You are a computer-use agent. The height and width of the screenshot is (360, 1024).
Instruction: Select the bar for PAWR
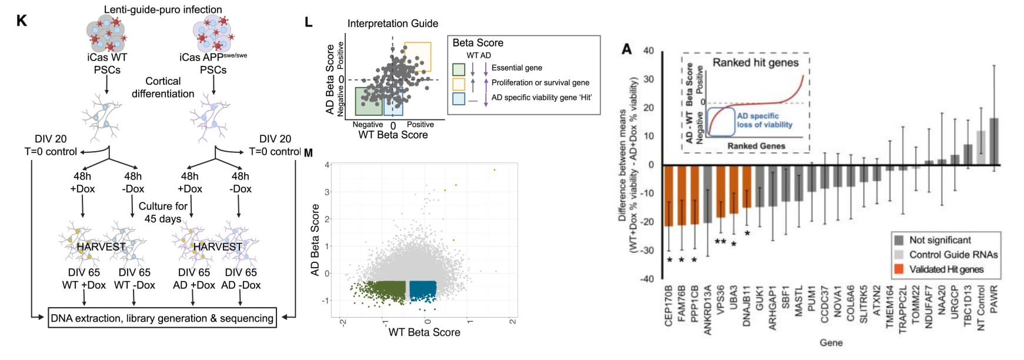pyautogui.click(x=994, y=141)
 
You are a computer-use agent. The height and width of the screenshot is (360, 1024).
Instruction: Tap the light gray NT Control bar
pyautogui.click(x=981, y=148)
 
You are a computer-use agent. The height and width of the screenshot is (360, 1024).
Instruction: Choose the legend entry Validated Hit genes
pyautogui.click(x=946, y=269)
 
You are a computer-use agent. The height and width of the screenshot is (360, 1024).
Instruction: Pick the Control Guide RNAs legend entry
pyautogui.click(x=953, y=255)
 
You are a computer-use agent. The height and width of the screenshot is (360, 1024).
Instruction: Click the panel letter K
pyautogui.click(x=22, y=21)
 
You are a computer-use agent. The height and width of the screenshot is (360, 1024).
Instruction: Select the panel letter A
pyautogui.click(x=627, y=49)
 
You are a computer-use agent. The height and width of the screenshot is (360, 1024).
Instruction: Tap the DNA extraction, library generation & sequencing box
pyautogui.click(x=162, y=318)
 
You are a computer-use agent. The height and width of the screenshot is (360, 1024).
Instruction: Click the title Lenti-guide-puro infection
pyautogui.click(x=163, y=9)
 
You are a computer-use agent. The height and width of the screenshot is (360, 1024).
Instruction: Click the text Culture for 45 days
pyautogui.click(x=163, y=212)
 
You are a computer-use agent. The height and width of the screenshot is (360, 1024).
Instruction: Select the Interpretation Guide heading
pyautogui.click(x=392, y=24)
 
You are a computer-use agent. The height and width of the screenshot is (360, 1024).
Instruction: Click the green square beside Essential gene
pyautogui.click(x=459, y=69)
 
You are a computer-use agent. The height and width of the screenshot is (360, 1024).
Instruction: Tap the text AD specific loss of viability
pyautogui.click(x=764, y=121)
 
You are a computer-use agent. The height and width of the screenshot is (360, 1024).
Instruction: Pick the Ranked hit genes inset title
pyautogui.click(x=755, y=62)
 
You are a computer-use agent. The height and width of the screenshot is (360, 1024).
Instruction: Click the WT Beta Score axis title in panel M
pyautogui.click(x=424, y=332)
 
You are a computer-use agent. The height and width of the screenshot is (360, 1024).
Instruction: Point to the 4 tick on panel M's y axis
pyautogui.click(x=327, y=165)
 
